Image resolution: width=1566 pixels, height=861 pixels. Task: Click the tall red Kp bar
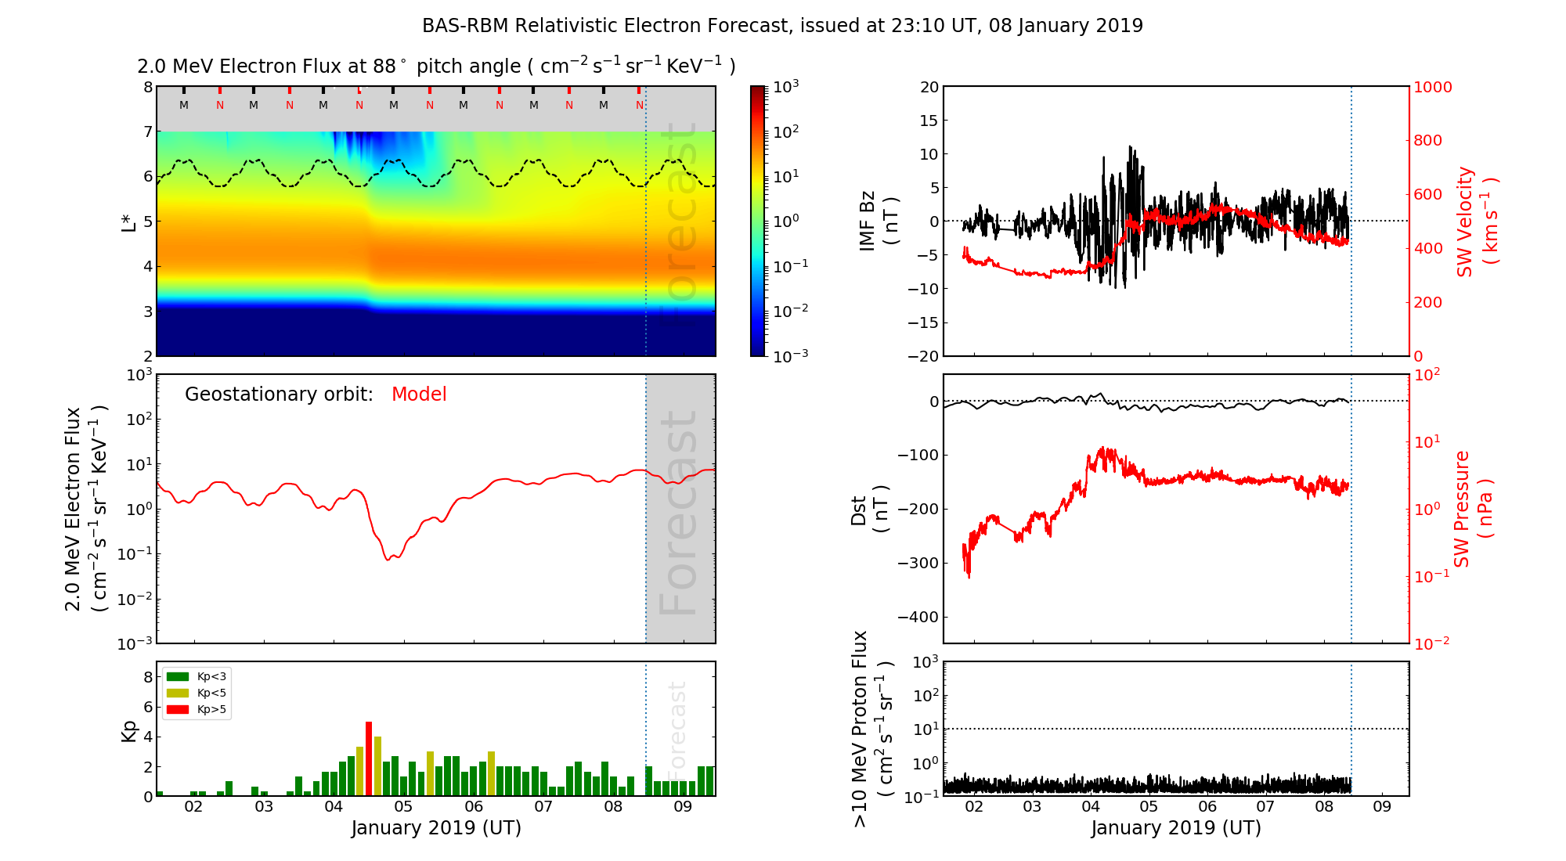369,758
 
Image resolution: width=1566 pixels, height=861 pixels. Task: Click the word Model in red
419,394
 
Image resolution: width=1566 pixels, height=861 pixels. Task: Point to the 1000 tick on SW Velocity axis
1432,87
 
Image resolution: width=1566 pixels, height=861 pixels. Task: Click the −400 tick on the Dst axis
917,617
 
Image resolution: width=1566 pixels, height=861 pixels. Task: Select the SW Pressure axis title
1473,509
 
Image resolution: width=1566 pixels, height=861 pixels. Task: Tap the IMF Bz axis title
878,221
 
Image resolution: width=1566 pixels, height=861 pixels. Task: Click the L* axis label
128,222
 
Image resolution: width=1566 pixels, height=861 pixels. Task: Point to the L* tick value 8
147,87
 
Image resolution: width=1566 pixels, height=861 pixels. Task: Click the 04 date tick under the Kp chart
334,807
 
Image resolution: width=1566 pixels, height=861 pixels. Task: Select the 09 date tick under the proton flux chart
1382,807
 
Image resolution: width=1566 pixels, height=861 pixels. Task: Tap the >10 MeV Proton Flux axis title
871,729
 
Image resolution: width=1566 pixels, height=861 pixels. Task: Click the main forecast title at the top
782,26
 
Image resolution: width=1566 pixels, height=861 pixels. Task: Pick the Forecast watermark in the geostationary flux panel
679,513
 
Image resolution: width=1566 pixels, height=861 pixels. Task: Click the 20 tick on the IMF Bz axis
929,87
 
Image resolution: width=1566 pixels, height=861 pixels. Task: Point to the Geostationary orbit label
279,394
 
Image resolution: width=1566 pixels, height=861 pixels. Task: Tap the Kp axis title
129,731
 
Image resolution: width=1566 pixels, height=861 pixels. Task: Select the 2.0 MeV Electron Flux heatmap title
436,67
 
